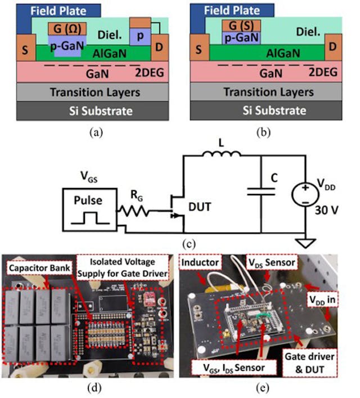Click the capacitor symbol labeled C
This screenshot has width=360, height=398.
[260, 191]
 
